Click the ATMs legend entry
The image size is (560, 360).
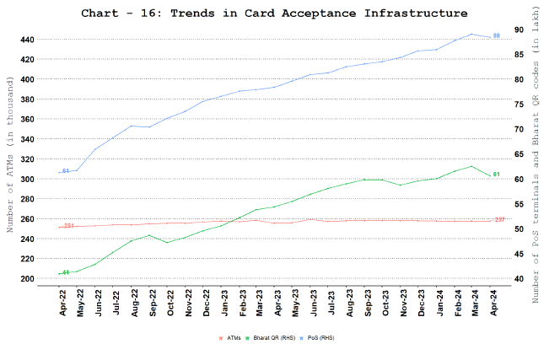(229, 337)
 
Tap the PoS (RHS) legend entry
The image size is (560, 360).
(321, 337)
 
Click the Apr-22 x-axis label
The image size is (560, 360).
(62, 302)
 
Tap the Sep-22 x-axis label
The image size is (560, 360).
(153, 302)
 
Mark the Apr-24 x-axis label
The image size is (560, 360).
(496, 302)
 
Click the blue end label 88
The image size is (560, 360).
(497, 35)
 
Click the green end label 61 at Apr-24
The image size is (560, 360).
(497, 175)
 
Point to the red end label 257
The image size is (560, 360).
(499, 220)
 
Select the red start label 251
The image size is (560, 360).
(68, 227)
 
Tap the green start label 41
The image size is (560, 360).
(65, 272)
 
